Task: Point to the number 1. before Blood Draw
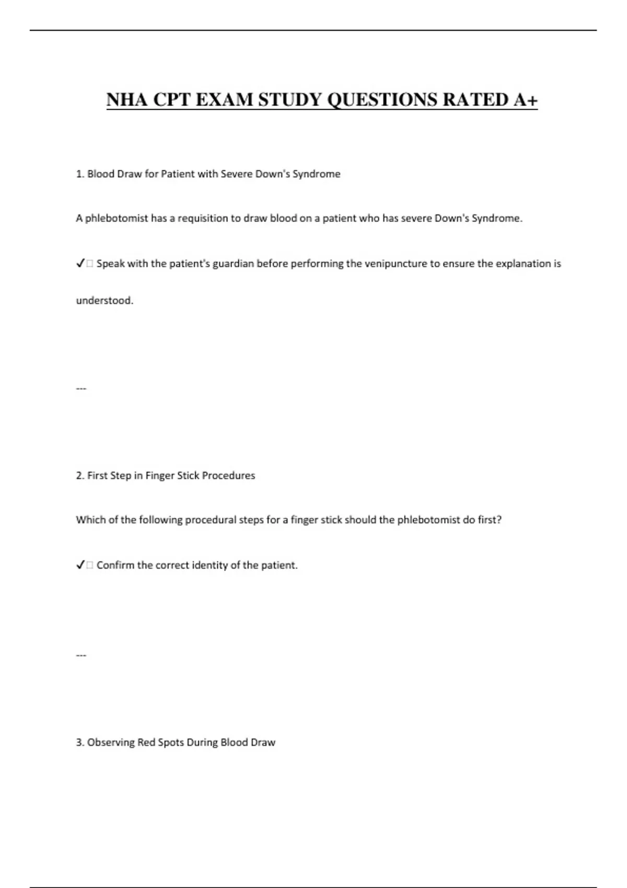80,174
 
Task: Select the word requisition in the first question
209,218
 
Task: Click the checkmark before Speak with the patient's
80,264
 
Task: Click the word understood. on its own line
104,300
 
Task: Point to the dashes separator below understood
81,388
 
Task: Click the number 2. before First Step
80,475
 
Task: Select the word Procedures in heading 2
228,475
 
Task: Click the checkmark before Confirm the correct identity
80,565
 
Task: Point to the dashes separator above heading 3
81,655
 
